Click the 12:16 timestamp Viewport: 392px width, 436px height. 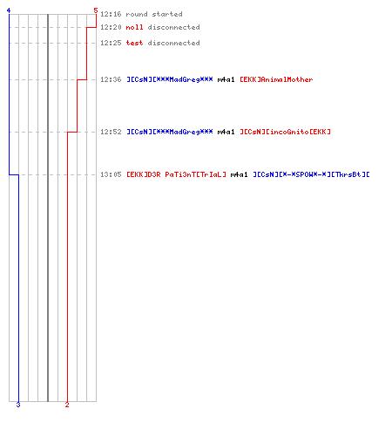tap(111, 14)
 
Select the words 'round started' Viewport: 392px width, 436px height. tap(154, 14)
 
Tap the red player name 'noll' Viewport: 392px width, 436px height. tap(134, 27)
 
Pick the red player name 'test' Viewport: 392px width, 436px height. tap(134, 43)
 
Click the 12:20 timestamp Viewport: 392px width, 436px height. tap(111, 27)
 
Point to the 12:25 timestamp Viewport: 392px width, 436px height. tap(111, 43)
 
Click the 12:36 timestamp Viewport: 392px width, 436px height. tap(111, 79)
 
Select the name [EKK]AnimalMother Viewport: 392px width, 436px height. tap(276, 79)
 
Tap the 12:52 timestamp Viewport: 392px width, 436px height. tap(111, 132)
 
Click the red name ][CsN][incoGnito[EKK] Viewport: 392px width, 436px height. tap(285, 132)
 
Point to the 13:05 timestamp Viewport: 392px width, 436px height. tap(111, 174)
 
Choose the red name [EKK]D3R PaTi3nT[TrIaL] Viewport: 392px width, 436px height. tap(176, 174)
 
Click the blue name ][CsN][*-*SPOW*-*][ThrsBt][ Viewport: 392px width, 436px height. tap(311, 174)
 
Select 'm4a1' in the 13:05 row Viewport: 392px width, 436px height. tap(239, 174)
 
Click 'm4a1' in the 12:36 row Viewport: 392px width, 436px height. tap(226, 79)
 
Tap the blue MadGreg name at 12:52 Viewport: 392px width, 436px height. tap(170, 132)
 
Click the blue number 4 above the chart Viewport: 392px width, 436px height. tap(9, 10)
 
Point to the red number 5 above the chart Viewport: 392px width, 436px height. tap(96, 10)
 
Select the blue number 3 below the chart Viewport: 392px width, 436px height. tap(18, 405)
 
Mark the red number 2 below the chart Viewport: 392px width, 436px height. tap(67, 405)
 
